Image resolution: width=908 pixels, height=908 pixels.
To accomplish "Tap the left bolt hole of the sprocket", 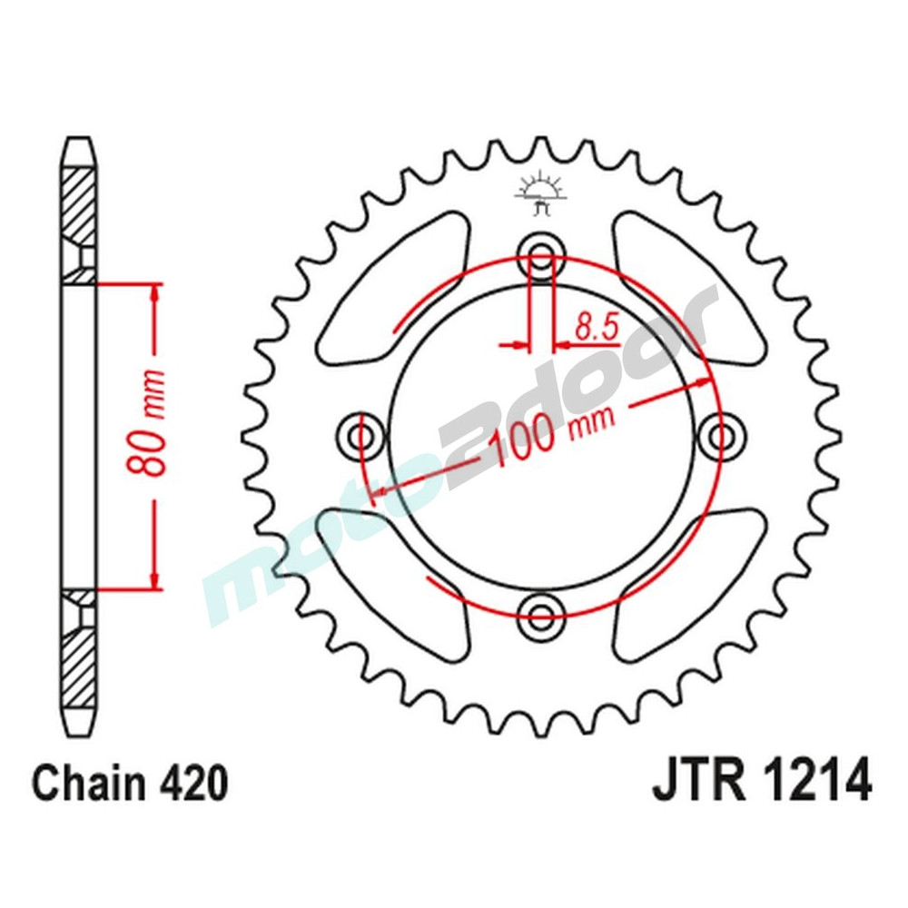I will (x=359, y=437).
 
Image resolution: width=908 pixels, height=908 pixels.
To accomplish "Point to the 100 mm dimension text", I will (x=552, y=432).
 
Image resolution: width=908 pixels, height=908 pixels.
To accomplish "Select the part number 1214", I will (x=816, y=782).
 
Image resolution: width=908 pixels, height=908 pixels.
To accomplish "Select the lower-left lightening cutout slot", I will (x=400, y=590).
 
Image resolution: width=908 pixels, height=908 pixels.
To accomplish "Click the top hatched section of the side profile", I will (x=80, y=204).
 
